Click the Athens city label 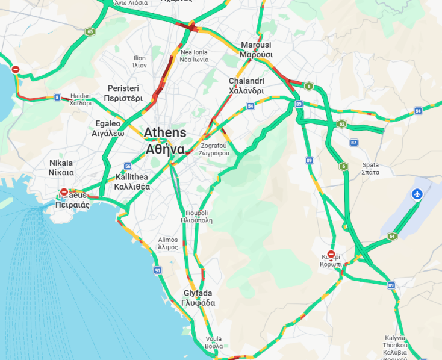pyautogui.click(x=164, y=140)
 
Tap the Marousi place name pyautogui.click(x=256, y=49)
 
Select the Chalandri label pyautogui.click(x=246, y=85)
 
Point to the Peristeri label pyautogui.click(x=123, y=93)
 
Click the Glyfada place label pyautogui.click(x=198, y=298)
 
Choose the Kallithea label pyautogui.click(x=131, y=182)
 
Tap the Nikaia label pyautogui.click(x=61, y=167)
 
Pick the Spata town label pyautogui.click(x=370, y=168)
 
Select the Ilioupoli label pyautogui.click(x=196, y=216)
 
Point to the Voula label pyautogui.click(x=213, y=342)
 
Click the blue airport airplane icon pyautogui.click(x=417, y=194)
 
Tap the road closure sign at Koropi pyautogui.click(x=331, y=254)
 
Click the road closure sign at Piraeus pyautogui.click(x=64, y=193)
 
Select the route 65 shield pyautogui.click(x=90, y=31)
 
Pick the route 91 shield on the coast pyautogui.click(x=157, y=271)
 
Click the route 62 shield pyautogui.click(x=341, y=124)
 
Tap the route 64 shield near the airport pyautogui.click(x=392, y=236)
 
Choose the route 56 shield pyautogui.click(x=128, y=166)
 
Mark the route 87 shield pyautogui.click(x=353, y=143)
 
